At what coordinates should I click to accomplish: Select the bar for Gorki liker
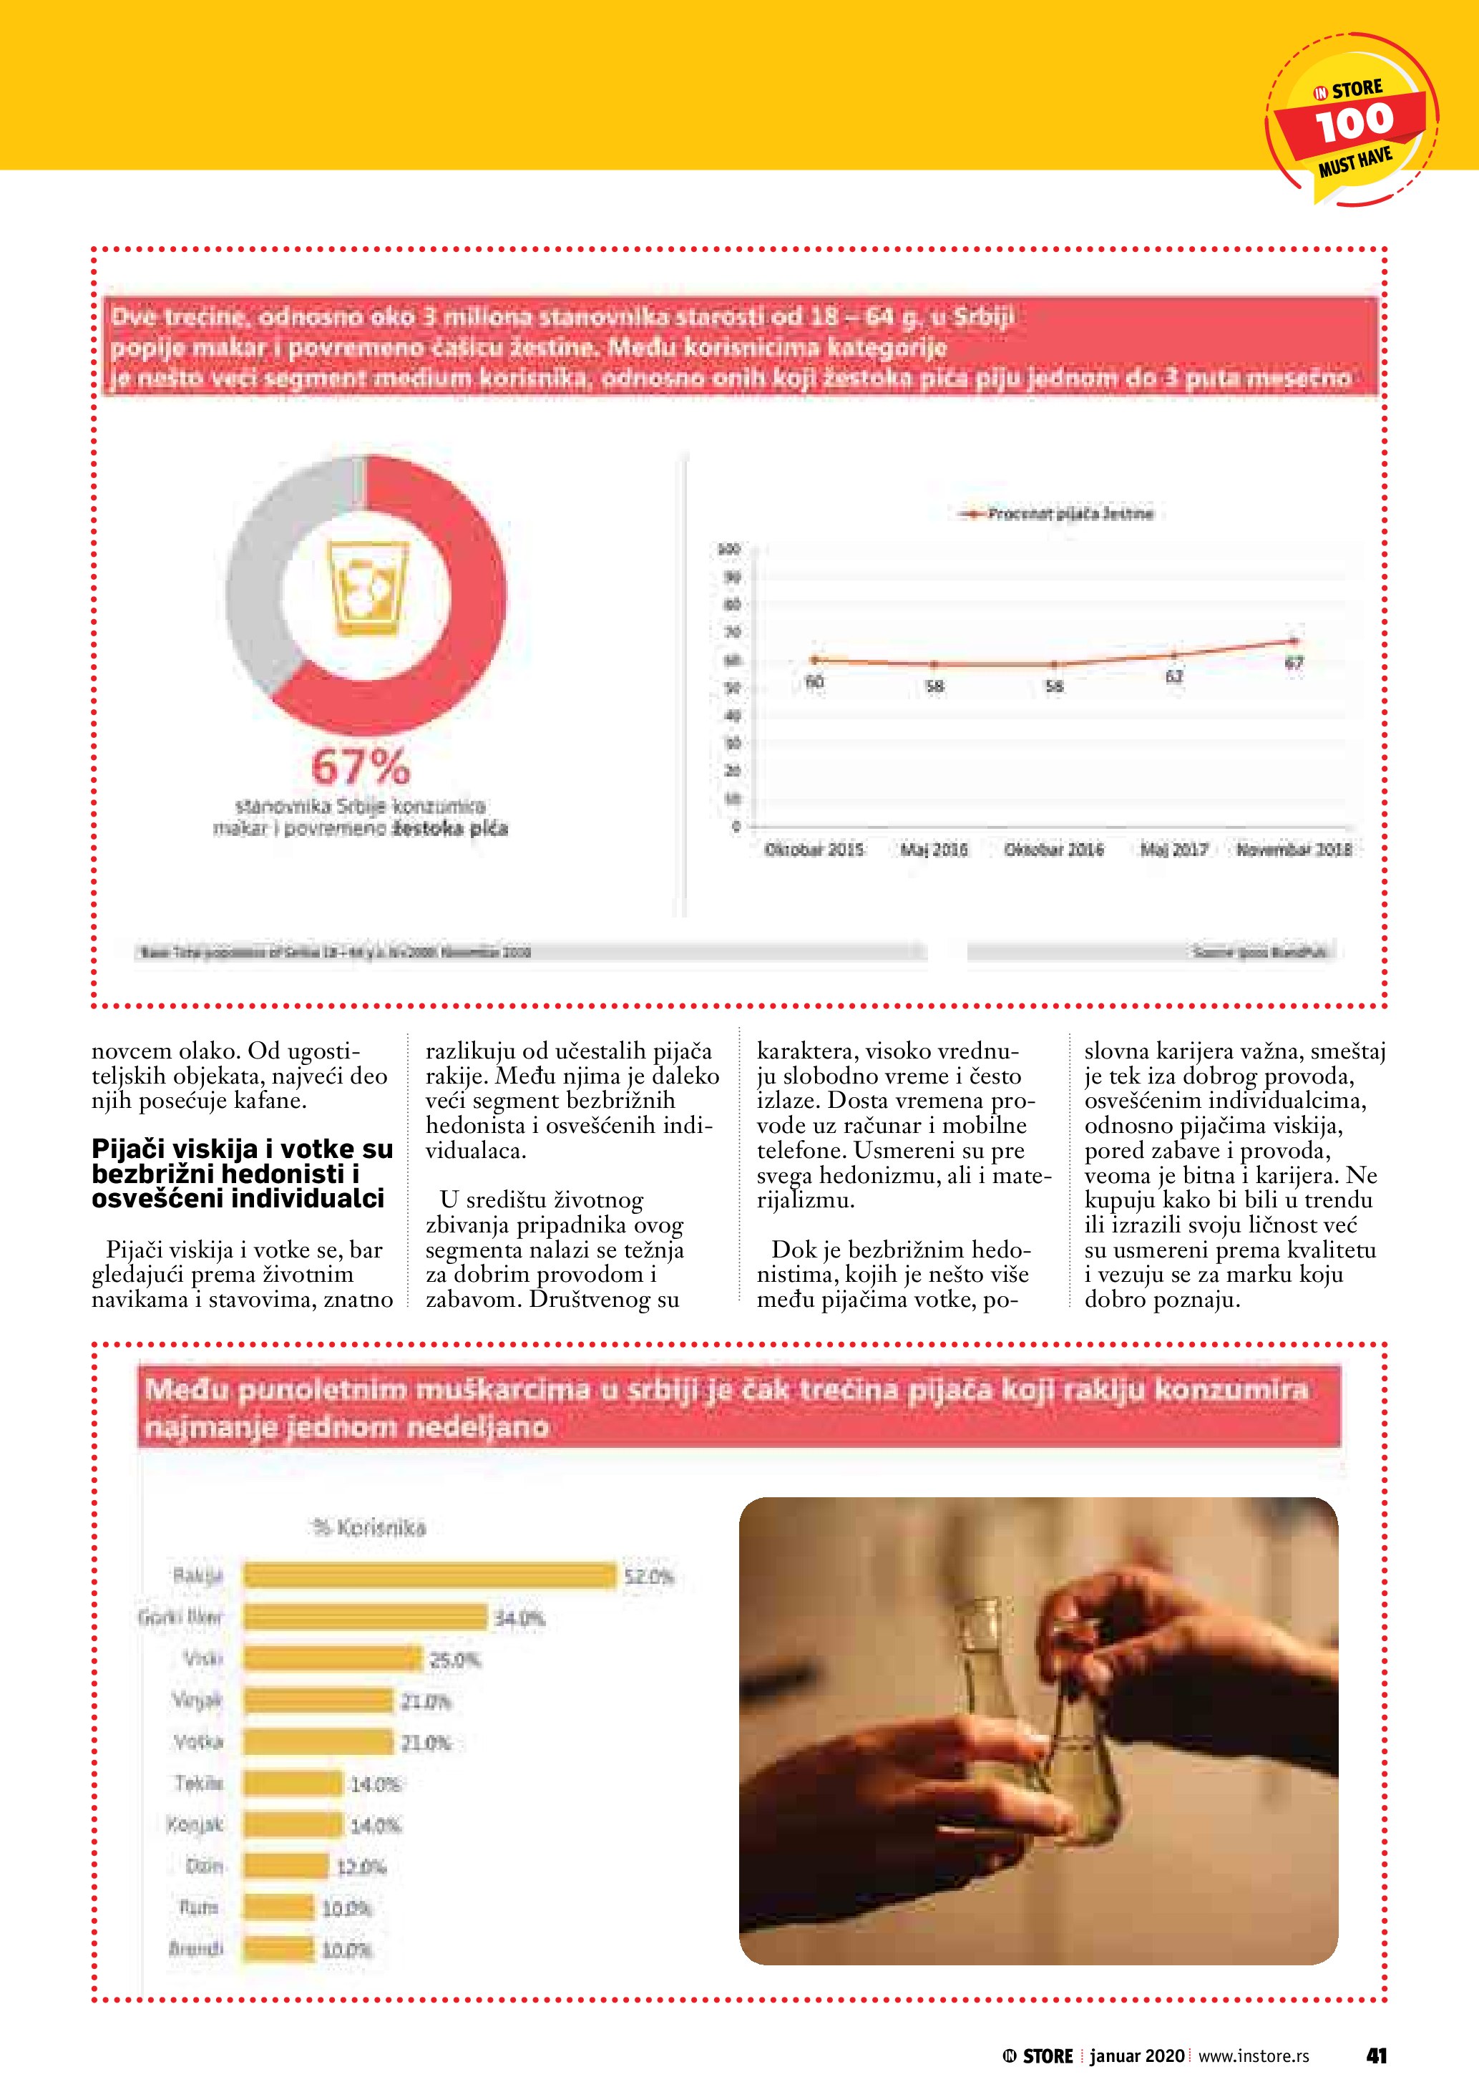364,1617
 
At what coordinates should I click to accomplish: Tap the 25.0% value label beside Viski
454,1660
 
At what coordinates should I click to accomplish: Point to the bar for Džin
285,1866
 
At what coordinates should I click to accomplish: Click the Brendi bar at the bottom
278,1949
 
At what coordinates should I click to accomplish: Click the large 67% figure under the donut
361,767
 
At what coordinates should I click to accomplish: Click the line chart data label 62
1174,677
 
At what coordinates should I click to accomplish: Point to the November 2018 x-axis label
1293,850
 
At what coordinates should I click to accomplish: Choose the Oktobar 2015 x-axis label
814,850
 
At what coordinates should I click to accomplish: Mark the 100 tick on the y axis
728,550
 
